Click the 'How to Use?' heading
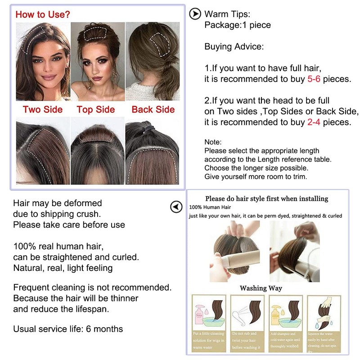coord(43,14)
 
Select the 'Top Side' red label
coord(96,109)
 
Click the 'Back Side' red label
coord(153,109)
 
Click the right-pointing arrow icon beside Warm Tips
coord(194,14)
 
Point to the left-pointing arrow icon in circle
coord(176,207)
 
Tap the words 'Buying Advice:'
coord(234,46)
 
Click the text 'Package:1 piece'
coord(238,25)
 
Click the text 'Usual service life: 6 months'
coord(68,329)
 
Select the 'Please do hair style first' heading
coord(266,198)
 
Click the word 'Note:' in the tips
coord(213,142)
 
